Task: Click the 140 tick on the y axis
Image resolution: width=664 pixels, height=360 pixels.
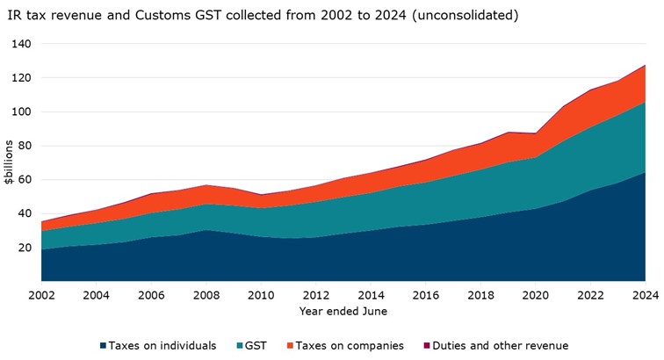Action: tap(21, 44)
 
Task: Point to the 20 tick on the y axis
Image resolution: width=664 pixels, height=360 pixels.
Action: tap(24, 248)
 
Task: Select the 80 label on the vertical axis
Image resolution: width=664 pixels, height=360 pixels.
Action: tap(24, 146)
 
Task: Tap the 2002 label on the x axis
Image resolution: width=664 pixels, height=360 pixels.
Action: tap(41, 294)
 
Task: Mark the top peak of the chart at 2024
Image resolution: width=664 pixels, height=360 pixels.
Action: tap(644, 65)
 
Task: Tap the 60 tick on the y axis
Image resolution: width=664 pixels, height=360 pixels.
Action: tap(24, 180)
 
